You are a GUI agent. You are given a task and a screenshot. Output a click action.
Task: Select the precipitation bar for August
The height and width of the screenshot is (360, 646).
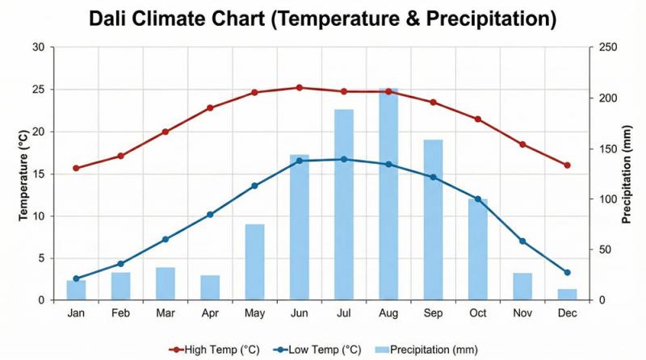pos(388,194)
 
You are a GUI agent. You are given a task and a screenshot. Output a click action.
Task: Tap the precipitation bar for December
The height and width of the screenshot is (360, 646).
pos(567,295)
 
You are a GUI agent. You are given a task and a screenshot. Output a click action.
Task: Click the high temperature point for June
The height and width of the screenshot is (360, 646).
pos(299,87)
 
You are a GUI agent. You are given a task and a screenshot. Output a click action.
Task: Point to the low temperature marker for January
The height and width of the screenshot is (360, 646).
pos(76,278)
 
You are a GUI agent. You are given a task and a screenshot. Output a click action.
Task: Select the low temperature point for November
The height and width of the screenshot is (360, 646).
pos(522,241)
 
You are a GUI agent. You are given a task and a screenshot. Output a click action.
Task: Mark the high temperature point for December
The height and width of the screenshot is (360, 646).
pos(567,165)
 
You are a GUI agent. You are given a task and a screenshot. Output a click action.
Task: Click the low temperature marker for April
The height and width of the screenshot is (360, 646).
pos(210,215)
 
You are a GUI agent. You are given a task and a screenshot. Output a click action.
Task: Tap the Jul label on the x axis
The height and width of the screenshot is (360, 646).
pos(344,313)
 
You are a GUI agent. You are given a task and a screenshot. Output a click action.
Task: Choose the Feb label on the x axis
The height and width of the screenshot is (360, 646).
pos(120,313)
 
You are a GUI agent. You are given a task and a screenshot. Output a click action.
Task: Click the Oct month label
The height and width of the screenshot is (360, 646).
pos(477,313)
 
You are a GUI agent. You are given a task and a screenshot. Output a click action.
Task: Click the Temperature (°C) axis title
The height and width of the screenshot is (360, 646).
pos(23,174)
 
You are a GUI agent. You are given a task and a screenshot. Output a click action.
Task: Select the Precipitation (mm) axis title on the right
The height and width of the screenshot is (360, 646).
pos(627,174)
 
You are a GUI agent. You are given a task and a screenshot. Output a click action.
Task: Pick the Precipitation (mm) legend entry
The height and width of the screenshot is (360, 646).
pos(428,349)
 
